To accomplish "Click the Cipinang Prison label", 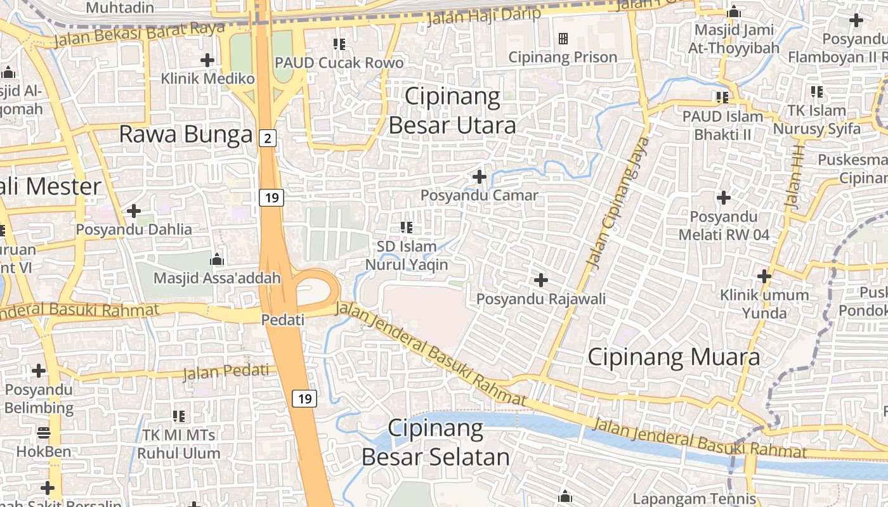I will point(563,57).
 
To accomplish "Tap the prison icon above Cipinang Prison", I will point(563,39).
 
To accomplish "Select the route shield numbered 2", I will point(268,138).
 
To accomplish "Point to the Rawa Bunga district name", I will point(186,134).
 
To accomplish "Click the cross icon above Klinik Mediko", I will point(207,60).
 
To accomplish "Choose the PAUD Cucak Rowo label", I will point(339,63).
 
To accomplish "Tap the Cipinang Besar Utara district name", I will point(452,111).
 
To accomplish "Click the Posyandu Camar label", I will point(480,195).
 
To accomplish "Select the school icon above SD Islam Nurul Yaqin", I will point(407,227).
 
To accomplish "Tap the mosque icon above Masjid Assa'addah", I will point(217,259).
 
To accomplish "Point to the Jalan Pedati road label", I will point(226,372).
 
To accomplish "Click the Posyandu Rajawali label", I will point(541,298).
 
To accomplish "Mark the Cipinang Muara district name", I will point(674,357).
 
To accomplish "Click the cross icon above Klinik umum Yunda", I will point(764,276).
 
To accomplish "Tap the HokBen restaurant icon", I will point(44,433).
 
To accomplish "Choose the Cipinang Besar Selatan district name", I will point(436,442).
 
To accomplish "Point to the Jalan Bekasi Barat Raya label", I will point(140,35).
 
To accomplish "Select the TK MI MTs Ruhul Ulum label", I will point(179,444).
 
